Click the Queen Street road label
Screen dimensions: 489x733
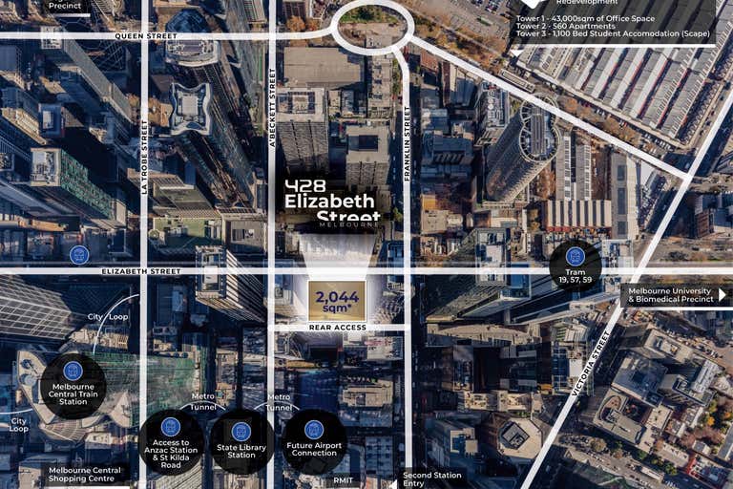(x=146, y=36)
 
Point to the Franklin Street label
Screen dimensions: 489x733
(x=407, y=143)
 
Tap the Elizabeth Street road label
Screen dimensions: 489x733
(x=140, y=271)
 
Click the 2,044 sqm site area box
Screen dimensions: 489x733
(x=336, y=302)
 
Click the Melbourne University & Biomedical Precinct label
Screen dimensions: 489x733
(x=672, y=296)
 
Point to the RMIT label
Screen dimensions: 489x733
(x=345, y=481)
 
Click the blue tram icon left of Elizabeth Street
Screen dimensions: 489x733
(x=79, y=254)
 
